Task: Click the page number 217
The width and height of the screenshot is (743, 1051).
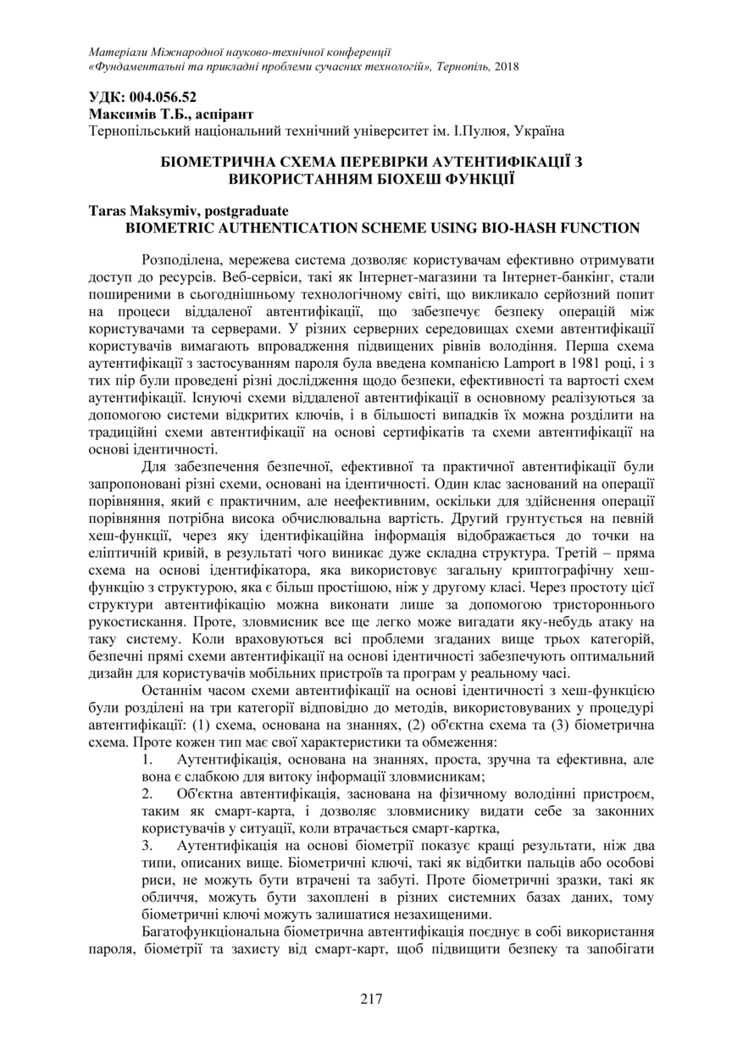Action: [x=371, y=998]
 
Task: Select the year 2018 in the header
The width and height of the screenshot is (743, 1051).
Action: [x=507, y=67]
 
